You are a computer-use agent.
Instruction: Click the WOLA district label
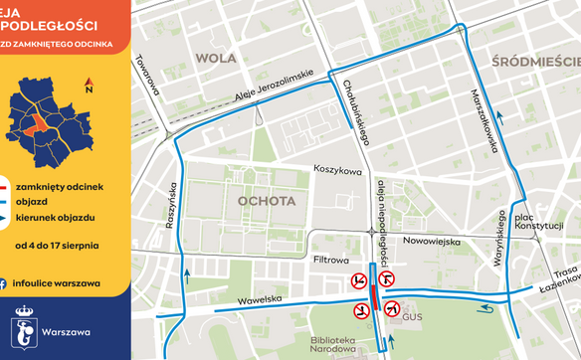(x=216, y=58)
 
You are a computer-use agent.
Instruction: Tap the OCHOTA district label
(x=267, y=201)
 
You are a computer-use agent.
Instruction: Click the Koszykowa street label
(x=337, y=171)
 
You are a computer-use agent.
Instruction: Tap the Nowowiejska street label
(x=433, y=242)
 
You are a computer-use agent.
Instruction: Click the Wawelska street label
(x=261, y=299)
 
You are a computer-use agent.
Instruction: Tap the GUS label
(x=412, y=316)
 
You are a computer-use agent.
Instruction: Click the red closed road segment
(x=373, y=298)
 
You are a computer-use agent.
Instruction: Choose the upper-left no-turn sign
(x=356, y=282)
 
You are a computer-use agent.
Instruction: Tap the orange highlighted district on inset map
(x=38, y=125)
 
